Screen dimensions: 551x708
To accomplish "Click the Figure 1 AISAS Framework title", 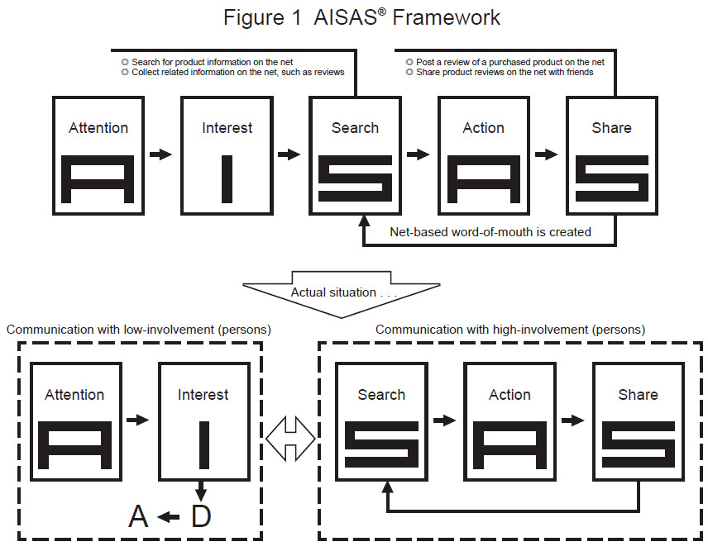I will (361, 17).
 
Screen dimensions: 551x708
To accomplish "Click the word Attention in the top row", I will (98, 128).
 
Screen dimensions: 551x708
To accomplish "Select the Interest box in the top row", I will (227, 154).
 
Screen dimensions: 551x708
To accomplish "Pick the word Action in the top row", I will (484, 128).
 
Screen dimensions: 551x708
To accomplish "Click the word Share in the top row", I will (612, 128).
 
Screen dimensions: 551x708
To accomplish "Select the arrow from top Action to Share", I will (546, 154).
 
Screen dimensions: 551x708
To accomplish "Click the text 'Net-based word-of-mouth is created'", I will (490, 232).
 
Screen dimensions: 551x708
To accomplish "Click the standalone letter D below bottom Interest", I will (201, 516).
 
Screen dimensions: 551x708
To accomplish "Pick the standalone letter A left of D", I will (138, 516).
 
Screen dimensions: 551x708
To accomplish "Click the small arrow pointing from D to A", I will (169, 517).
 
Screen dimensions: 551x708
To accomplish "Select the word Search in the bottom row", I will (381, 395).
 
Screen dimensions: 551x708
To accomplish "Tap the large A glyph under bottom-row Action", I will (509, 446).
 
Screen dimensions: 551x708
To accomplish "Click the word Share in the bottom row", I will (638, 395).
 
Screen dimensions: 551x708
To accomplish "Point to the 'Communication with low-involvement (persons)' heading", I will (139, 330).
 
